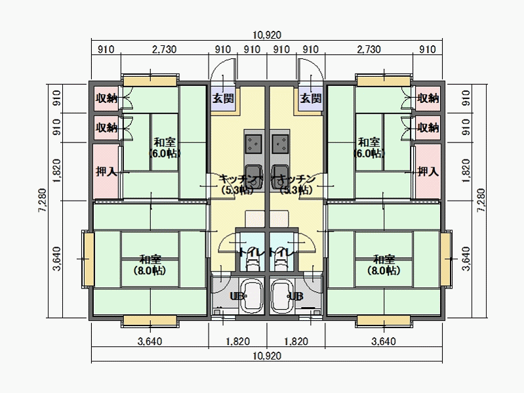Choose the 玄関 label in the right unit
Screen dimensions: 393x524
310,98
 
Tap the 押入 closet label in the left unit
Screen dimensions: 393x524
106,172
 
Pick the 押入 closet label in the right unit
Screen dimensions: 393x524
428,172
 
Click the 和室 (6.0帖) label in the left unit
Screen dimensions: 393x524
164,148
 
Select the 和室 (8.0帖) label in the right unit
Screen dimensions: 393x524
384,264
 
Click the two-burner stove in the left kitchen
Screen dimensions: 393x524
253,140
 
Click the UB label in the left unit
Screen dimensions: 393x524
236,297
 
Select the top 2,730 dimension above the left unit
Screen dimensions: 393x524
164,49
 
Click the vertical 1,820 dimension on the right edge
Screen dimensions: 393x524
466,172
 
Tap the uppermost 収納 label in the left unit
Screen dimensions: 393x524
106,98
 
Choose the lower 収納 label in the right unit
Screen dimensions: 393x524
428,127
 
